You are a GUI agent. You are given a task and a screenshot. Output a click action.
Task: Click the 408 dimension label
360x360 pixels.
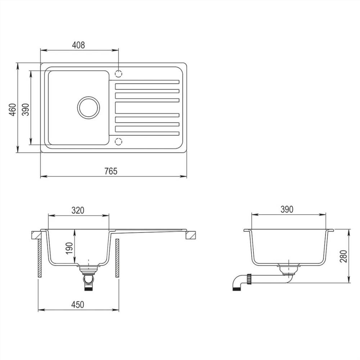[x=78, y=45]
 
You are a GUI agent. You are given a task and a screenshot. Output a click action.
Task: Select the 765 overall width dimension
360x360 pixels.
[x=111, y=171]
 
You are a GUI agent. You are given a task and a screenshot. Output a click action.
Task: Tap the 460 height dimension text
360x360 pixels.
[x=12, y=109]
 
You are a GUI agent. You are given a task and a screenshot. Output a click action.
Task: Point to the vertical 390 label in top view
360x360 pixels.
[x=25, y=109]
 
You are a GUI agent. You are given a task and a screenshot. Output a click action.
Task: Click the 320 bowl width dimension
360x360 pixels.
[x=78, y=210]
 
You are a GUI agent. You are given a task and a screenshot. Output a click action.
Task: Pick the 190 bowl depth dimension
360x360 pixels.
[x=69, y=248]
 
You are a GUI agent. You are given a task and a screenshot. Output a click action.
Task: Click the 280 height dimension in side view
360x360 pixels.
[x=344, y=256]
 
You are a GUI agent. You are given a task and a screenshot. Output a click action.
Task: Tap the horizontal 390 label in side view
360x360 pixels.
[x=287, y=209]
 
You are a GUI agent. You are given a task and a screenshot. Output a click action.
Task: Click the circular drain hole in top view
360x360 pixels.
[x=89, y=107]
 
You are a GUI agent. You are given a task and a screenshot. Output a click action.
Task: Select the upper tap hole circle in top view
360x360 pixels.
[x=118, y=73]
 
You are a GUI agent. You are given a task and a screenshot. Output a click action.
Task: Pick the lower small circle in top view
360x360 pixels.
[x=118, y=141]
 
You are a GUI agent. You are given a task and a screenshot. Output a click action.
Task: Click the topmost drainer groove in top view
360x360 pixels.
[x=147, y=82]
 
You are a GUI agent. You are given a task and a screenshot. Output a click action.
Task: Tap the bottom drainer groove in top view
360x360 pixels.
[x=147, y=134]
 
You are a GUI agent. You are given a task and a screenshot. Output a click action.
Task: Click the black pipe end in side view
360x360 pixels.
[x=237, y=288]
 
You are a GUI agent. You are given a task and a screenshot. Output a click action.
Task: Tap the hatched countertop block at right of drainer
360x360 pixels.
[x=191, y=235]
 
